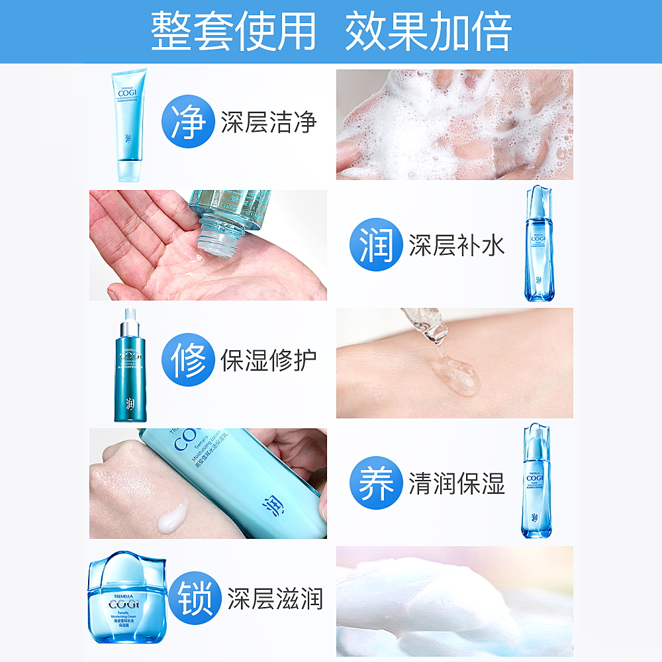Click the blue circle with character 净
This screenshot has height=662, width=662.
(x=188, y=122)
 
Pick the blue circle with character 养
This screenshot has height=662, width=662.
(x=376, y=483)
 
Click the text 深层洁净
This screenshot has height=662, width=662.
(x=269, y=123)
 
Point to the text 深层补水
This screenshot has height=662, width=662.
(x=457, y=245)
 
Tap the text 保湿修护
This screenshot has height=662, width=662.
(x=269, y=360)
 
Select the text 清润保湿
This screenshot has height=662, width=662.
(x=457, y=483)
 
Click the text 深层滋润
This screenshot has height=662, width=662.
(x=275, y=600)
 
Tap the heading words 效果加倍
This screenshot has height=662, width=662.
(x=428, y=31)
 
